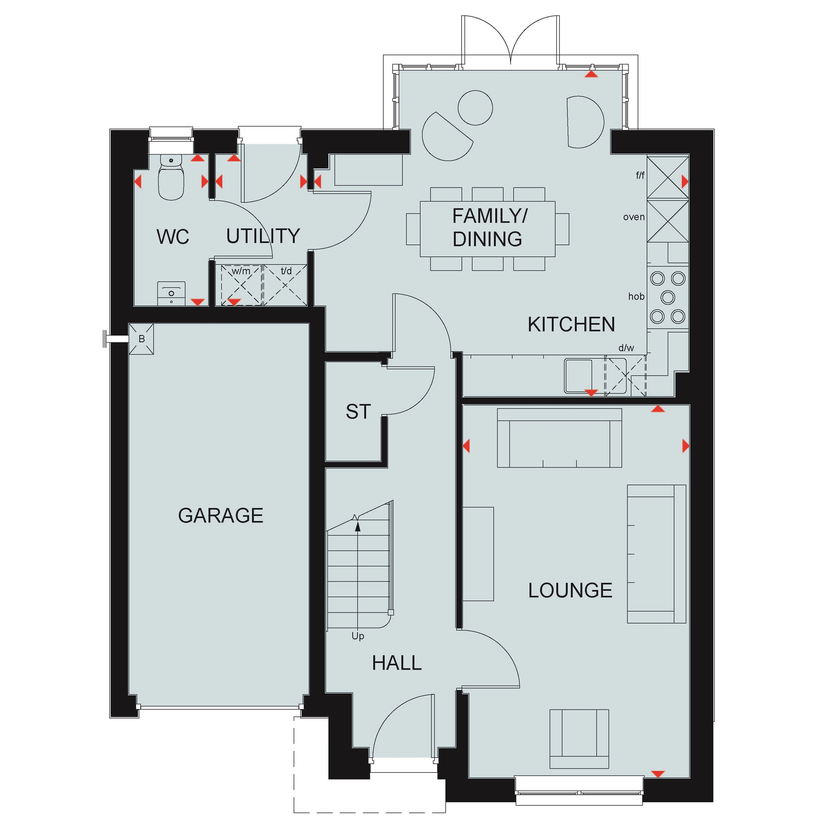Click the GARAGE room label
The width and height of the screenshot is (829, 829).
[220, 515]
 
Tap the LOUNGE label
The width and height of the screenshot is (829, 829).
[570, 590]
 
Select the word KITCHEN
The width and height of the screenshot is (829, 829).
[571, 324]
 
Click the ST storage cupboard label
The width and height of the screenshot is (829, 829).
[358, 412]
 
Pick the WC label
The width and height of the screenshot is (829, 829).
[172, 237]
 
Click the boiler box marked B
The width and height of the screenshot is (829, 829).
[141, 339]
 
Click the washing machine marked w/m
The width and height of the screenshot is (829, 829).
[241, 285]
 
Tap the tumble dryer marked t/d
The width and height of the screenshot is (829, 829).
[285, 285]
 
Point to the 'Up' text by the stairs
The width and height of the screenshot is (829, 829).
[358, 636]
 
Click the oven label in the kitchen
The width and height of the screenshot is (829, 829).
[634, 217]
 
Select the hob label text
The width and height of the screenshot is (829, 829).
[636, 296]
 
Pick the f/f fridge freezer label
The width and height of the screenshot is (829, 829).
[640, 175]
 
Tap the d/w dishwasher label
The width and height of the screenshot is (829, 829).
[626, 348]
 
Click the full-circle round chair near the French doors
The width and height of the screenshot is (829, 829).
[475, 108]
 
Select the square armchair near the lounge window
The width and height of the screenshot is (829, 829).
[579, 739]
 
